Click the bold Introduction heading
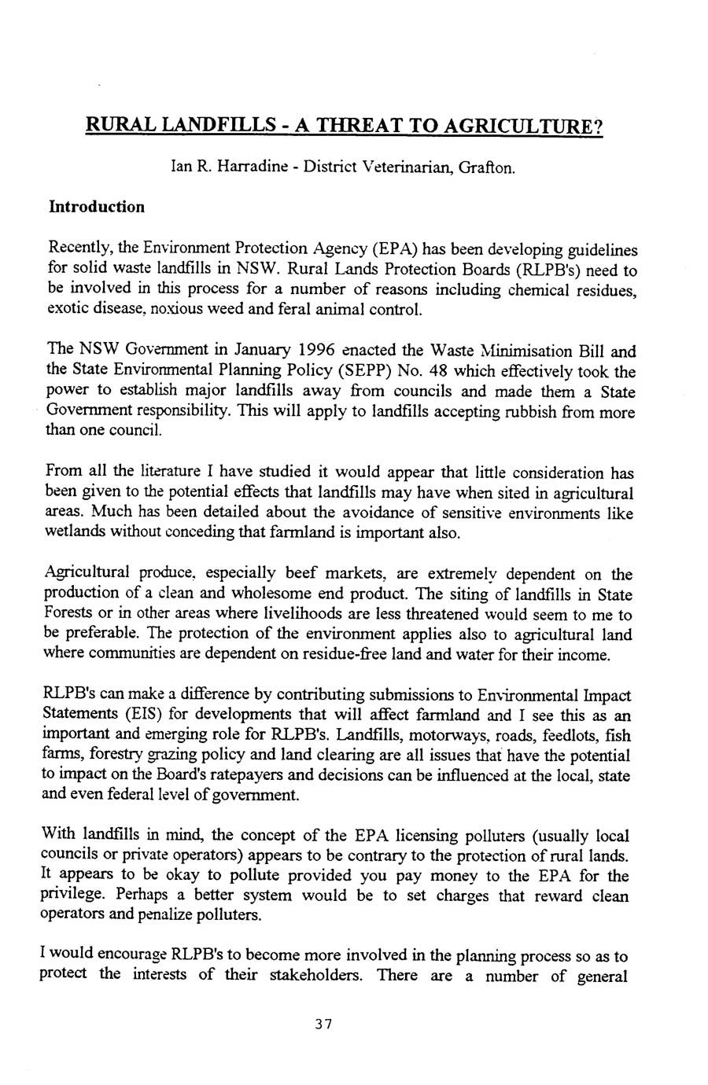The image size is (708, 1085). click(x=97, y=207)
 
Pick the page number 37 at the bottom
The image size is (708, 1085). click(x=323, y=1024)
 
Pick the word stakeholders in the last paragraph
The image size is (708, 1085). click(x=315, y=977)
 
